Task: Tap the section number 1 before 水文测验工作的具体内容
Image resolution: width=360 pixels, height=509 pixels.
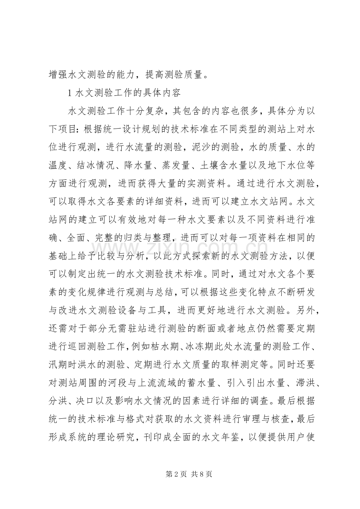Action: (70, 93)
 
